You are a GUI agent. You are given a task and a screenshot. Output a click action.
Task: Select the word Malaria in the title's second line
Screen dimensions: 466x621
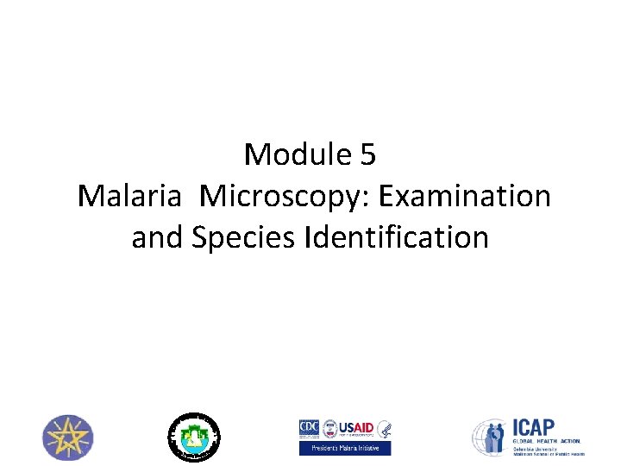[130, 196]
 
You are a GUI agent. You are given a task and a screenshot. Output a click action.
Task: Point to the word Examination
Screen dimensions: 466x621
[467, 196]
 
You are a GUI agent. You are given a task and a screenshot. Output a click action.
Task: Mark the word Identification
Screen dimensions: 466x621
[397, 236]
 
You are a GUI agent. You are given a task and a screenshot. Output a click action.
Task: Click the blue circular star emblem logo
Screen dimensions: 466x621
[69, 437]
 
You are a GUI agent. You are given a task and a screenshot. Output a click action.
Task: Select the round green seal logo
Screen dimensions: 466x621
[193, 436]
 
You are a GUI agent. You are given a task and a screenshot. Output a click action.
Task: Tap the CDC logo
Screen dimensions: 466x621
[308, 428]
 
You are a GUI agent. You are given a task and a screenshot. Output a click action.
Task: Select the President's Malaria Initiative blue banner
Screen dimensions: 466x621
[345, 448]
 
